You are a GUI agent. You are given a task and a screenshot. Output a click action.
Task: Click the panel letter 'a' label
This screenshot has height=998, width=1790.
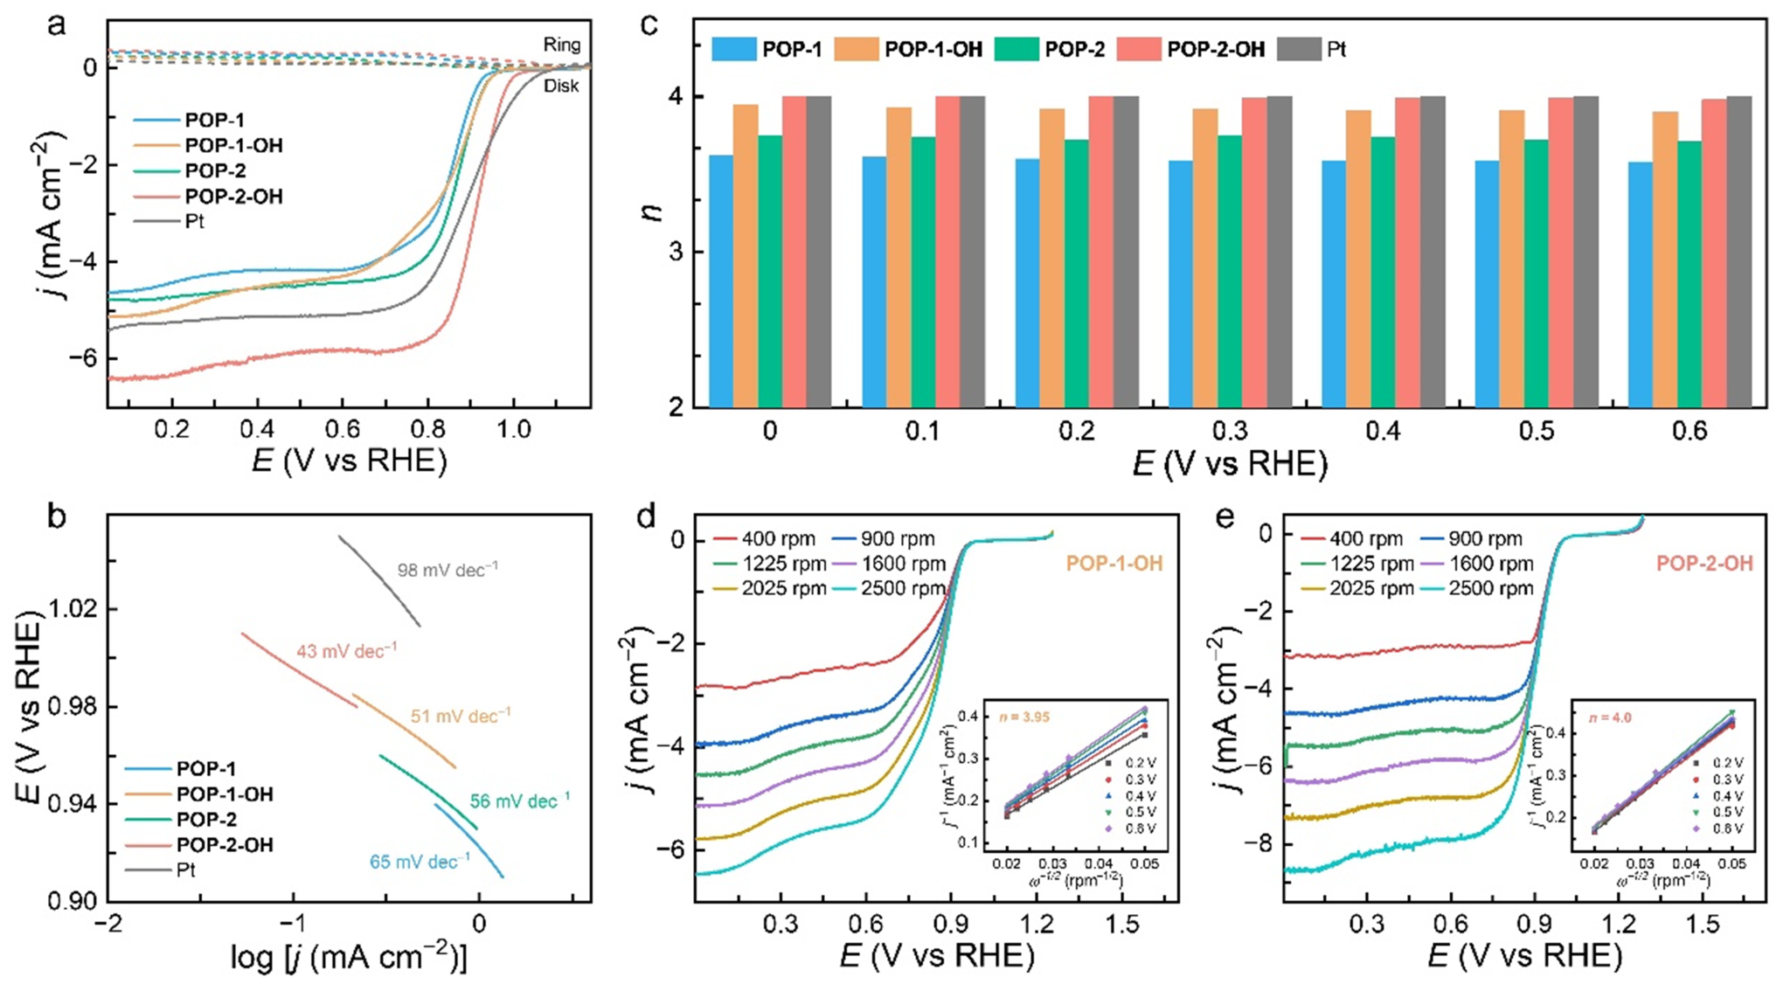pyautogui.click(x=57, y=24)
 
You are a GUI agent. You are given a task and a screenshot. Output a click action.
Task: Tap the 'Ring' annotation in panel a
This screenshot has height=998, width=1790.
pyautogui.click(x=561, y=45)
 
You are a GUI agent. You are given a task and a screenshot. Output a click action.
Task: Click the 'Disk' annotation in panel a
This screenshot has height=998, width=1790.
pyautogui.click(x=561, y=86)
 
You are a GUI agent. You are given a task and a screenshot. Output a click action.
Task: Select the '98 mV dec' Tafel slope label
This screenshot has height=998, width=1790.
pyautogui.click(x=447, y=570)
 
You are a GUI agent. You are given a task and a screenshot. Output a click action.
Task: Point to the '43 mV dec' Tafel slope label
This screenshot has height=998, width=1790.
pyautogui.click(x=346, y=651)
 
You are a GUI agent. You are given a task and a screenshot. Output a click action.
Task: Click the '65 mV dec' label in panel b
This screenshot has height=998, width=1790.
pyautogui.click(x=420, y=862)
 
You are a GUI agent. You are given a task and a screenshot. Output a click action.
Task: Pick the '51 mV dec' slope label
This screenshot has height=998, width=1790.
pyautogui.click(x=461, y=717)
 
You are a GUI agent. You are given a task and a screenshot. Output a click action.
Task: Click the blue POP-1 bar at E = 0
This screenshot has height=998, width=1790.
pyautogui.click(x=721, y=281)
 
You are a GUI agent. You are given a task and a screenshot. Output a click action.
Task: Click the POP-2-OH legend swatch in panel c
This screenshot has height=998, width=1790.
pyautogui.click(x=1139, y=49)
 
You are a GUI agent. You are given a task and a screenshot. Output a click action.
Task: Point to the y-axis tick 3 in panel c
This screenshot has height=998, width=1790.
pyautogui.click(x=676, y=253)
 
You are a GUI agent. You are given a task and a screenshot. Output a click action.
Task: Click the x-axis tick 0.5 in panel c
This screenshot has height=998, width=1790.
pyautogui.click(x=1536, y=431)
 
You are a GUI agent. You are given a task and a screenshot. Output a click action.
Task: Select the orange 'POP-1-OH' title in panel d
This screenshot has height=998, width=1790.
pyautogui.click(x=1114, y=564)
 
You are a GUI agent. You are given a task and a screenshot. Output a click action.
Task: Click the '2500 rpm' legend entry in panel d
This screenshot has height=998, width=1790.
pyautogui.click(x=903, y=588)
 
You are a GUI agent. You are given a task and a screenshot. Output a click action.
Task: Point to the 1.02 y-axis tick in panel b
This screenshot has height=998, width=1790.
pyautogui.click(x=73, y=608)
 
